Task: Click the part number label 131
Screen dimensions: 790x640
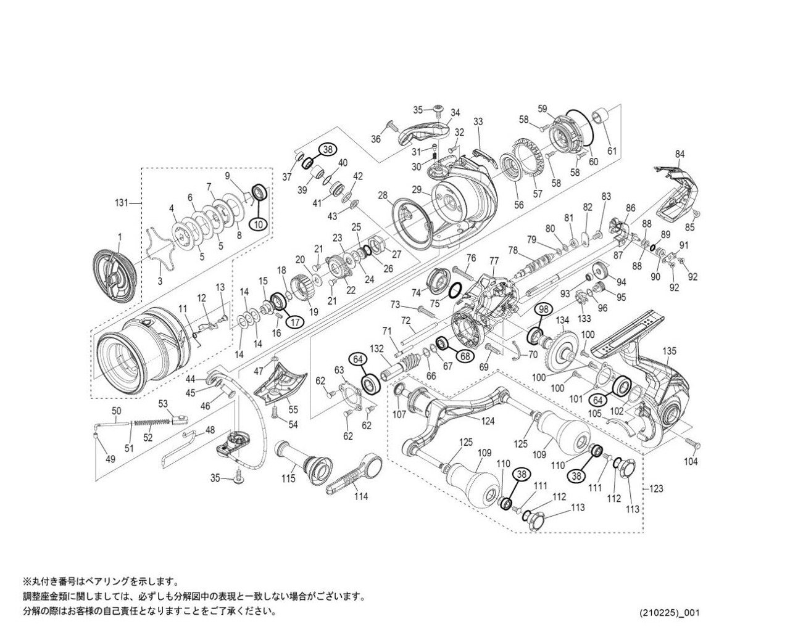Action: pos(122,203)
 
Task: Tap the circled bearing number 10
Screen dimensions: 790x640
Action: pos(259,224)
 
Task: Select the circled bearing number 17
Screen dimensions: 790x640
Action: pos(295,322)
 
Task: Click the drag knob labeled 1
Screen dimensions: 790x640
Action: pos(114,276)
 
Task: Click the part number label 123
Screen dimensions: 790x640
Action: pos(655,489)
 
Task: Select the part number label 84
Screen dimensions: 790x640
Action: pos(680,154)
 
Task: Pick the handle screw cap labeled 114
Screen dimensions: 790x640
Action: pos(354,474)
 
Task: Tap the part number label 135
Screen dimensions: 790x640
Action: pos(669,351)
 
